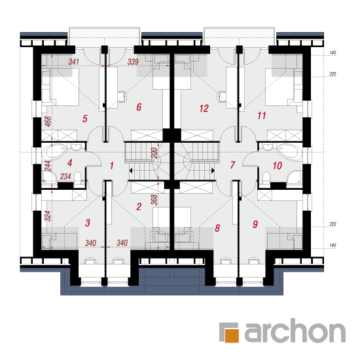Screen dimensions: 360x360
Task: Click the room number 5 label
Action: [85, 118]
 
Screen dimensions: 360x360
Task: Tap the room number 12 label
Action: [204, 109]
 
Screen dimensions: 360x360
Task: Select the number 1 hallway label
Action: [112, 166]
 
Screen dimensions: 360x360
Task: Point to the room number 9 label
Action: [255, 224]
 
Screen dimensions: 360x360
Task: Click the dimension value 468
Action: [48, 122]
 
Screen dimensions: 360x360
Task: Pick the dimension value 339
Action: [133, 62]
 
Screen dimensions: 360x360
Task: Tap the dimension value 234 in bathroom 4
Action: [65, 176]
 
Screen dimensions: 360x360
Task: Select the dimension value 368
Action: [154, 200]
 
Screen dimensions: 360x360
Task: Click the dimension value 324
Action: [48, 216]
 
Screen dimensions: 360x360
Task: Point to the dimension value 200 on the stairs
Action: [154, 153]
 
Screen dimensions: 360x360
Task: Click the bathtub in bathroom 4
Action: [54, 152]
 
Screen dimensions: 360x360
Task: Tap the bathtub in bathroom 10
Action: [289, 152]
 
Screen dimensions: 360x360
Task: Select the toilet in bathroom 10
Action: [266, 177]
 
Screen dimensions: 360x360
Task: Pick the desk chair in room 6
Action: [122, 96]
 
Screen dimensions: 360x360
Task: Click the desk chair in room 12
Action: [221, 96]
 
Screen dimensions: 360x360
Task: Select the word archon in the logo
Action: [295, 331]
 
